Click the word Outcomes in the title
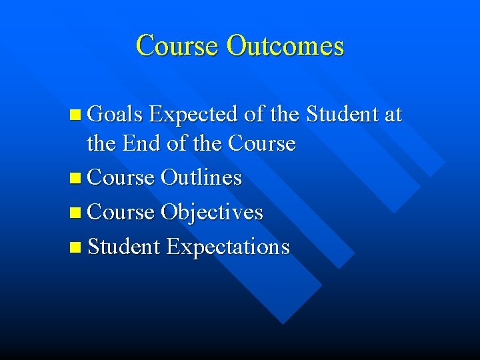[285, 46]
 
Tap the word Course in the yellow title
[177, 46]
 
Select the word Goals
[115, 115]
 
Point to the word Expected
[194, 115]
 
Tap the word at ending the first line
[393, 115]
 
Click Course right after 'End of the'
[261, 143]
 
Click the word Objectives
[213, 213]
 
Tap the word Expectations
[228, 247]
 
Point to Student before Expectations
[124, 247]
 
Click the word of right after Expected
[254, 115]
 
